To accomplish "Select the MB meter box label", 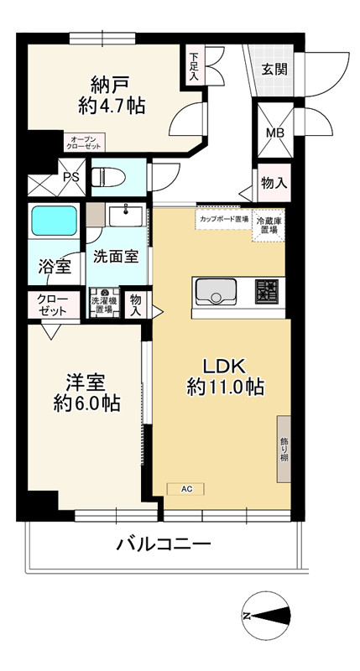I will click(x=274, y=133).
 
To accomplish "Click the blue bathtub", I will click(x=54, y=222).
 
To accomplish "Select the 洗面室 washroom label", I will click(x=116, y=256).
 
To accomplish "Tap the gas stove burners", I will click(x=268, y=293).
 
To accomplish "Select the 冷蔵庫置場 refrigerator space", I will click(x=269, y=226).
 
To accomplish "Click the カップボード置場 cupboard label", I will click(x=222, y=219).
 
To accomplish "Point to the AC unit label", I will click(x=186, y=487).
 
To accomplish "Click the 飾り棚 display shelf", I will click(x=284, y=448).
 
